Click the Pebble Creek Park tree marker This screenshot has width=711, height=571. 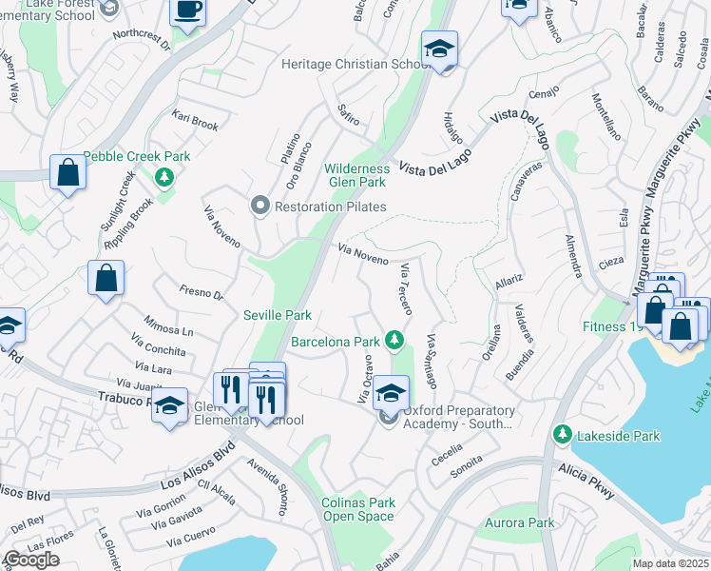[164, 176]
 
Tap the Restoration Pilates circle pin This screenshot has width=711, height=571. [259, 206]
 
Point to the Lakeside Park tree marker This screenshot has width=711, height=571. [563, 435]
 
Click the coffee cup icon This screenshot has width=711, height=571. [187, 10]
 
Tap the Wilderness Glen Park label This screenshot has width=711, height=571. [357, 174]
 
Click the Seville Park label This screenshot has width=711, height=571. [278, 316]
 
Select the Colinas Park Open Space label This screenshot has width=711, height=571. [357, 509]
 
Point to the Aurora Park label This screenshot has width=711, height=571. [519, 523]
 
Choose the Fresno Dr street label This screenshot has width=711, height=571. [201, 289]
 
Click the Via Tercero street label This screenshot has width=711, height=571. [406, 288]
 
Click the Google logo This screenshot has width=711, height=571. [31, 560]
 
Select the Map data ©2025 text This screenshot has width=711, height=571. [671, 563]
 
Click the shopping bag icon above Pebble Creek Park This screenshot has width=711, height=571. [67, 172]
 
